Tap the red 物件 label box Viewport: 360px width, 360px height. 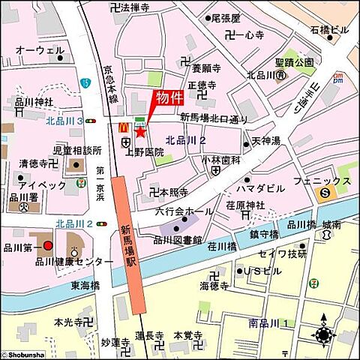pyautogui.click(x=169, y=98)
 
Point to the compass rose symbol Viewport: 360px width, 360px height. pyautogui.click(x=323, y=335)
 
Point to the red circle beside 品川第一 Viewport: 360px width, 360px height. pyautogui.click(x=47, y=245)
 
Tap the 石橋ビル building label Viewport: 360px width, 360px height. pyautogui.click(x=329, y=30)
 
